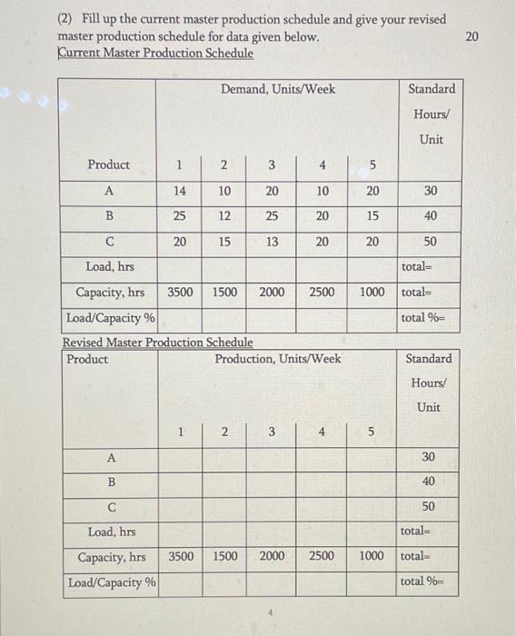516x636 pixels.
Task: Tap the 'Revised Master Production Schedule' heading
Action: pos(157,343)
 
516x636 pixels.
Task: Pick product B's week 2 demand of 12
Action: pos(224,216)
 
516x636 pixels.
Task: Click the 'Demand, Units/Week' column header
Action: pos(277,88)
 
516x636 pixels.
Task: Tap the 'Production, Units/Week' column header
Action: pos(278,358)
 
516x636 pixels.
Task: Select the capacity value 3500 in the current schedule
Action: pos(183,293)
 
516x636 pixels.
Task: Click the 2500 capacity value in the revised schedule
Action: pos(322,555)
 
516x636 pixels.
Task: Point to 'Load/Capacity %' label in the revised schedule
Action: pos(111,581)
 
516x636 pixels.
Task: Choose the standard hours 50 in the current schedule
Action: pos(431,243)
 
